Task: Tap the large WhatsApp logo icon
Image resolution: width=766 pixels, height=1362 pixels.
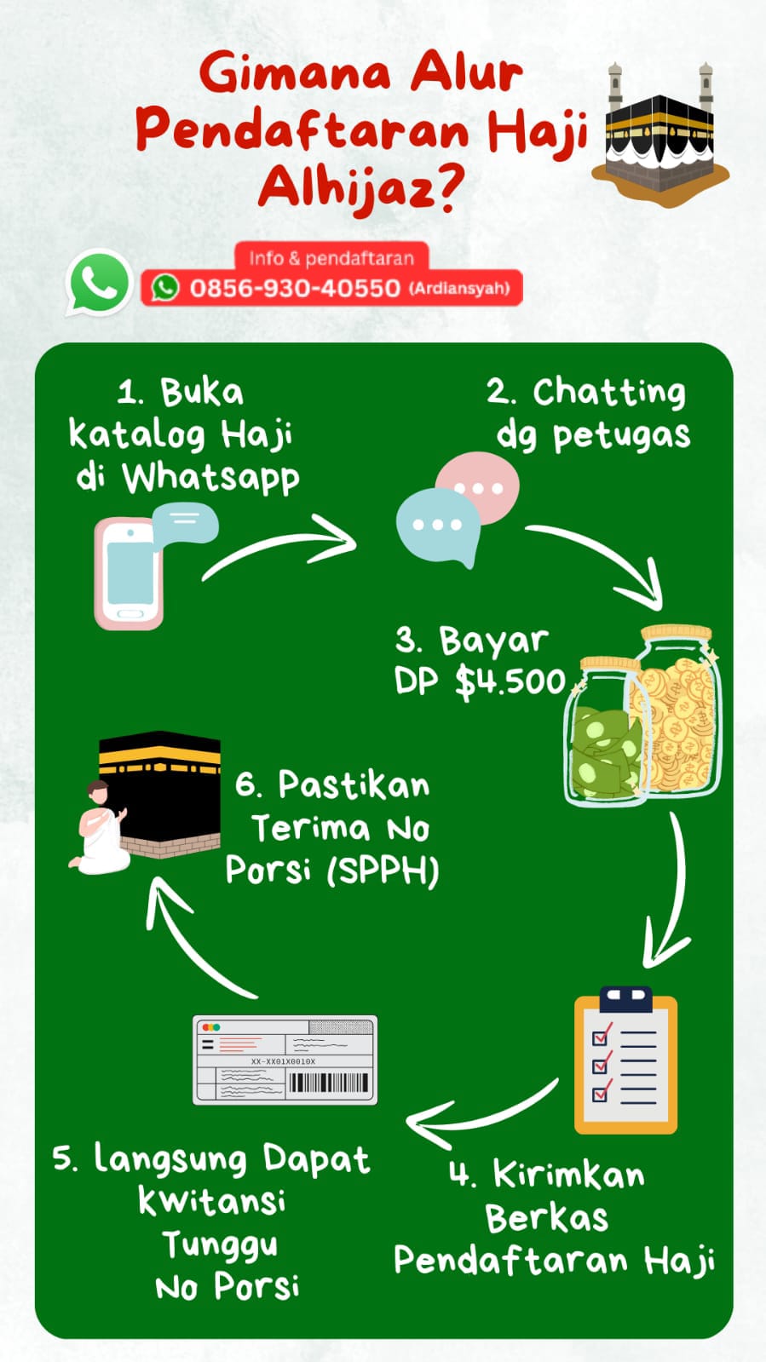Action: pos(99,283)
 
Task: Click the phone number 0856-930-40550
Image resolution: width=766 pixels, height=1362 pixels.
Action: pos(294,289)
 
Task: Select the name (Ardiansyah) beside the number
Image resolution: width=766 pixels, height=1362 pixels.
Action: pos(459,289)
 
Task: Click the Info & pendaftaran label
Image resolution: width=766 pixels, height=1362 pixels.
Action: pos(331,258)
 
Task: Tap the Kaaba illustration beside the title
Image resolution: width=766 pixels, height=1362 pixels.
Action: pos(660,136)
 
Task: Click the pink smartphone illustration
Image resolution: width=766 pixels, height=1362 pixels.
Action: pos(129,573)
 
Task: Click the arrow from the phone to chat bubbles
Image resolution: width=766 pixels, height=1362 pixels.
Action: pos(281,545)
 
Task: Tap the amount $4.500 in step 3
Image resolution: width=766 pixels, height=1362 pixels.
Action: pos(510,681)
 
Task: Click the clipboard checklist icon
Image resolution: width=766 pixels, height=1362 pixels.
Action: pos(625,1062)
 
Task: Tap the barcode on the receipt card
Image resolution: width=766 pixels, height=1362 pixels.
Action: pos(329,1083)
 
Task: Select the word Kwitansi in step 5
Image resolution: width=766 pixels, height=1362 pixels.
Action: pos(211,1201)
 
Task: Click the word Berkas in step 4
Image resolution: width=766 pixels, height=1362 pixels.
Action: pos(546,1218)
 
